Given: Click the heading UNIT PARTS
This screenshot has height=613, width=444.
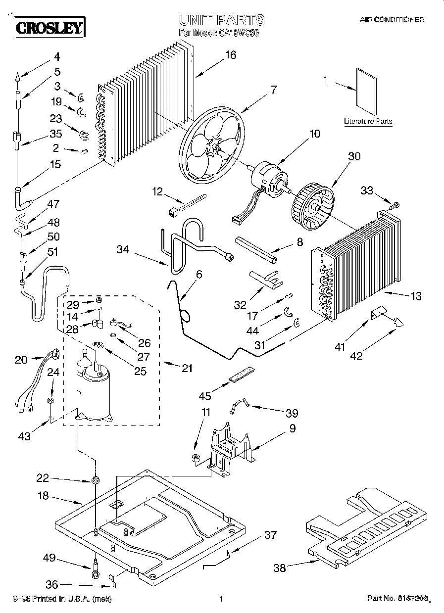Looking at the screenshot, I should [x=221, y=20].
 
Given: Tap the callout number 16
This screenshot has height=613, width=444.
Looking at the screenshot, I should [x=231, y=55].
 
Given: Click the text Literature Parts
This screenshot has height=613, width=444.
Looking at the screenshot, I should [x=368, y=121].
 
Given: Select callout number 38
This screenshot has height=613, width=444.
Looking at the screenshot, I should [x=280, y=568].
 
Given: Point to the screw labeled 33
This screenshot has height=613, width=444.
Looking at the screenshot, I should [x=395, y=204].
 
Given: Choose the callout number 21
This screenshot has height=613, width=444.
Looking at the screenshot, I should [x=187, y=368].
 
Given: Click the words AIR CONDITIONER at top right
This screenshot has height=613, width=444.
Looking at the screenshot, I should [x=392, y=20].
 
